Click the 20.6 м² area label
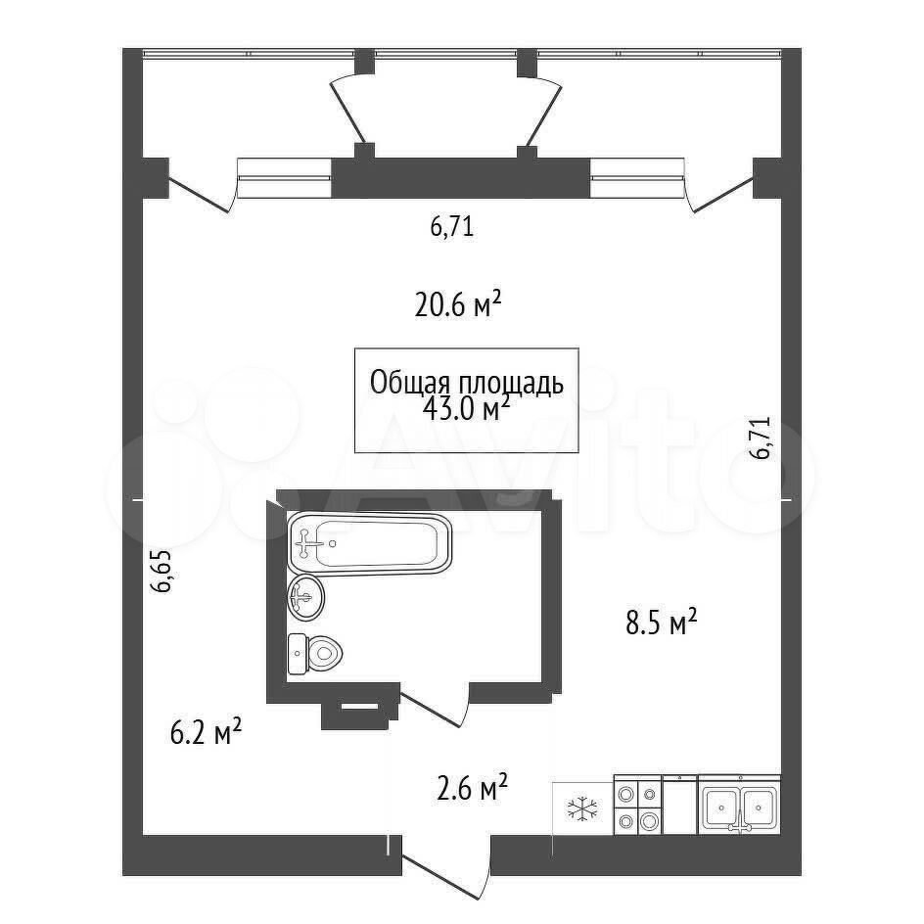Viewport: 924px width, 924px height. pos(458,304)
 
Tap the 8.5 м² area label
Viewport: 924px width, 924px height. pos(661,623)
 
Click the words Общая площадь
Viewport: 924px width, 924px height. pos(467,383)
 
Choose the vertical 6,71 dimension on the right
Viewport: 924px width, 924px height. pos(760,438)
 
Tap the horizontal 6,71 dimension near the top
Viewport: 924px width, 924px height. pos(452,226)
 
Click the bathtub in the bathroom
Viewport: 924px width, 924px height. pos(369,542)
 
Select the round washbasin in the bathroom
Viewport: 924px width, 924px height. pos(305,597)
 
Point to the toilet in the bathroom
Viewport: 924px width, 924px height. pos(315,654)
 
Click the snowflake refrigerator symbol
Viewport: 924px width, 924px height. pos(582,808)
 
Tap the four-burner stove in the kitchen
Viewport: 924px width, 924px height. pos(637,805)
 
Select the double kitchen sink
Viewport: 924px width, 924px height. pos(739,805)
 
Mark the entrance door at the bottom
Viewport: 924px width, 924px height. pos(446,866)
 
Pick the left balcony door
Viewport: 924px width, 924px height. pos(202,185)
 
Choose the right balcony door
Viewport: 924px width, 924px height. pos(720,185)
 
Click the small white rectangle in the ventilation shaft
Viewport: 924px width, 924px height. pos(359,705)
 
